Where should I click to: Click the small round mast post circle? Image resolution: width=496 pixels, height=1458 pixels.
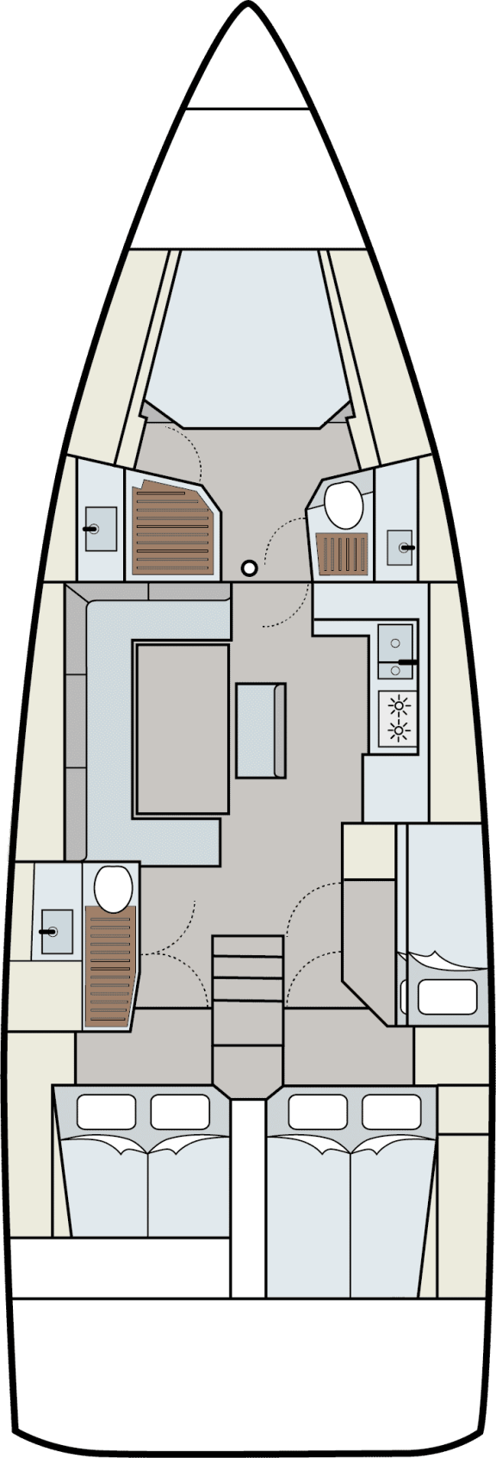point(250,568)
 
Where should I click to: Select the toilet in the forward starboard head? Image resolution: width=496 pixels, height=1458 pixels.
point(344,506)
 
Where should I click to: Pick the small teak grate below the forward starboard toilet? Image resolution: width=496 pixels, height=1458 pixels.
point(343,553)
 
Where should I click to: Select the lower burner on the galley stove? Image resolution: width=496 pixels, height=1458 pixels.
point(398,732)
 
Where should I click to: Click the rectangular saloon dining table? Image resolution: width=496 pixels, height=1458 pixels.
point(182,729)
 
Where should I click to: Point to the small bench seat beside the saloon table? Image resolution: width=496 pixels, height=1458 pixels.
point(260,729)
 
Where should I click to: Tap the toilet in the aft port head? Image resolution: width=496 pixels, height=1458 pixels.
point(112,888)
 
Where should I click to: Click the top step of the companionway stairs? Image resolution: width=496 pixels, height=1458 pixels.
point(248,946)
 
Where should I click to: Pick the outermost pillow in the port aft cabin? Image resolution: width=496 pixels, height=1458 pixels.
point(107,1112)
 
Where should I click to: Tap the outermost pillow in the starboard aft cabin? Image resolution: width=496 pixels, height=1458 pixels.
point(392,1112)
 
